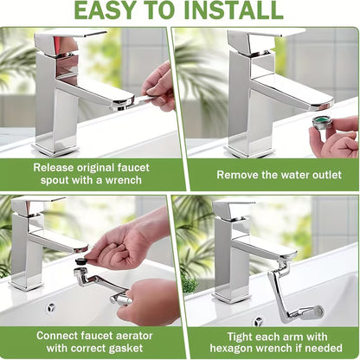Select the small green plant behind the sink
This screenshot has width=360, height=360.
pyautogui.click(x=190, y=282)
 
